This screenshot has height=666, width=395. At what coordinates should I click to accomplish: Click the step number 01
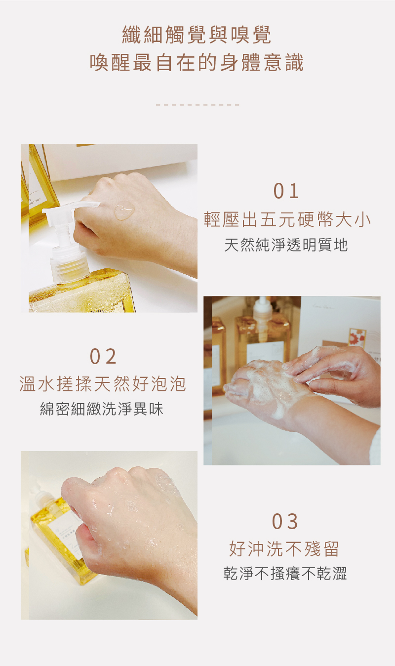tap(286, 191)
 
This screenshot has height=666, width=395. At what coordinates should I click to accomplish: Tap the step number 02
tap(103, 357)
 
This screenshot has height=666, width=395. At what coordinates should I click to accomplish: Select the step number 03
tap(285, 522)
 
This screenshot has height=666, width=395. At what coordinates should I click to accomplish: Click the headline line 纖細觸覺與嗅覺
tap(197, 35)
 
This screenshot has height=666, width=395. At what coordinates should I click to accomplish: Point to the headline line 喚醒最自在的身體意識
tap(197, 62)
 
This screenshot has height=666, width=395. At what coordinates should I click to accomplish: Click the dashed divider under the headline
tap(197, 105)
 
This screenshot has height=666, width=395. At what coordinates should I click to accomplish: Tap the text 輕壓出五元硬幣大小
tap(287, 219)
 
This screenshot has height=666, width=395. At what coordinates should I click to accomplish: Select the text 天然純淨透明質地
tap(286, 245)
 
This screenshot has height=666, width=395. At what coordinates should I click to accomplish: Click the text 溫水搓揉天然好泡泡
tap(103, 383)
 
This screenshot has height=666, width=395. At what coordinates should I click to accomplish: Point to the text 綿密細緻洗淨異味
tap(102, 409)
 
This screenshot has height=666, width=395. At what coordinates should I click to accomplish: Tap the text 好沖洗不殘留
tap(284, 548)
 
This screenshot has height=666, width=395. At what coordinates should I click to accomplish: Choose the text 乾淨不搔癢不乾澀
tap(285, 574)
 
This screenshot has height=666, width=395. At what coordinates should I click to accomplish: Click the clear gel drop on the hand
tap(124, 210)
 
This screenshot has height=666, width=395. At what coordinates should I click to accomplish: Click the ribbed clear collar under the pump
tap(69, 266)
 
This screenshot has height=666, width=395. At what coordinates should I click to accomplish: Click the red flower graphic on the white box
tap(357, 338)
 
